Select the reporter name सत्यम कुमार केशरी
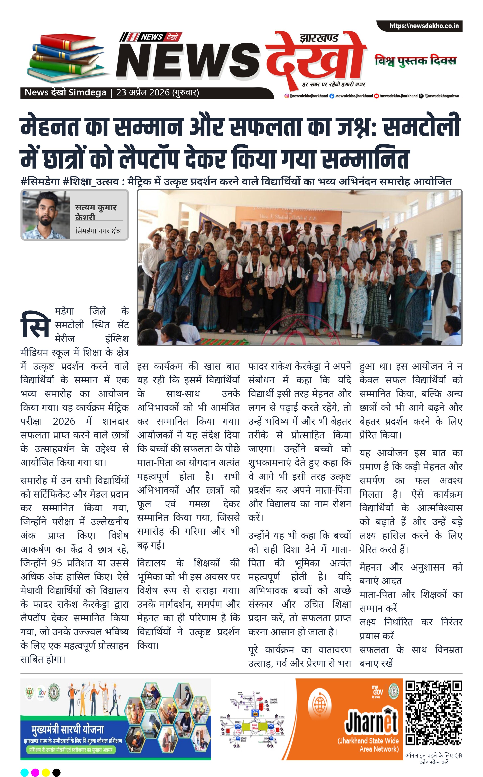point(96,212)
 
